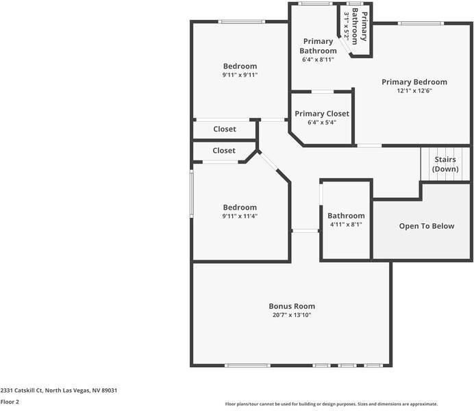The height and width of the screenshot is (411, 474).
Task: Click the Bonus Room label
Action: point(292,306)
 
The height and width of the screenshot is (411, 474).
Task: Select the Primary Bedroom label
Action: point(414,82)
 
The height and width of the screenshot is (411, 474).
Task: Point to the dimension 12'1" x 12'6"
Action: point(414,90)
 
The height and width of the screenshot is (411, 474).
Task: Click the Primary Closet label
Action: point(321,114)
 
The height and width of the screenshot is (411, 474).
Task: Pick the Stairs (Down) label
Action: point(445,164)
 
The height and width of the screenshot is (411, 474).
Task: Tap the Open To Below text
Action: point(426,226)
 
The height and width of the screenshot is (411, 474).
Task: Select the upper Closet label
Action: point(224,129)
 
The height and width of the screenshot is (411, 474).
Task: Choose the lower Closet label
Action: point(223,150)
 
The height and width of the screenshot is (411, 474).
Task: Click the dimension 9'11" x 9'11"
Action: point(239,75)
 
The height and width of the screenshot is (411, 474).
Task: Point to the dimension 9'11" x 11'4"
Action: point(239,216)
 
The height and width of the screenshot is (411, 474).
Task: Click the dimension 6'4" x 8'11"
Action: point(318,60)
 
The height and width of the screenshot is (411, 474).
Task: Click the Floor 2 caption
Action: point(10,402)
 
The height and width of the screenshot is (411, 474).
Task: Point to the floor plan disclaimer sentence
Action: point(331,404)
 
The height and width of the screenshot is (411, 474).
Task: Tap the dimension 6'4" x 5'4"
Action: point(321,123)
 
